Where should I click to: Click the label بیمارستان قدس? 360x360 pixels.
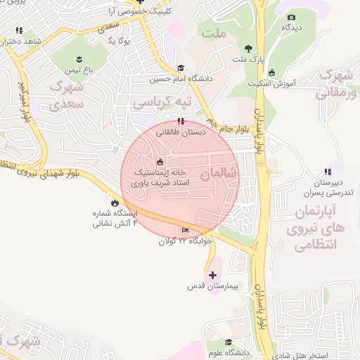[x=214, y=287]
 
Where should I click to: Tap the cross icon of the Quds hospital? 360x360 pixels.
[x=213, y=274]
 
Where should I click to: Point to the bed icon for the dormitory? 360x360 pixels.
[x=186, y=231]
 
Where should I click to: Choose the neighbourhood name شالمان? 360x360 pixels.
[x=221, y=173]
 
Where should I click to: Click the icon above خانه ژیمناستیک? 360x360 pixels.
[x=161, y=162]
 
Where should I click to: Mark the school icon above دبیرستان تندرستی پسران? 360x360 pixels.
[x=327, y=171]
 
